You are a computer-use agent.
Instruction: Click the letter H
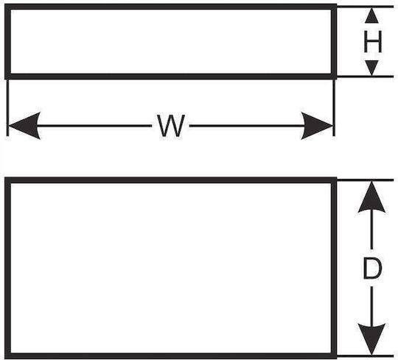tap(373, 42)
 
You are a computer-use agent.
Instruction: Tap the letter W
tap(170, 126)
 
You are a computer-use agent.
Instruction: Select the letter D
tap(372, 268)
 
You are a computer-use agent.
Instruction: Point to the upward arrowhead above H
tap(372, 15)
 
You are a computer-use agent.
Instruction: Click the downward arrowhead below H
tap(372, 68)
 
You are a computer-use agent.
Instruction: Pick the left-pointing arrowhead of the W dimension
tap(24, 126)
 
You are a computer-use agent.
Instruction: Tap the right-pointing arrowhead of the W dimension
tap(316, 126)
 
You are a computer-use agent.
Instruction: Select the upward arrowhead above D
tap(372, 197)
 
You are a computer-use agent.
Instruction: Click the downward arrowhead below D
tap(372, 339)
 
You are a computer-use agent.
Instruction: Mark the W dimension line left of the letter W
tap(94, 126)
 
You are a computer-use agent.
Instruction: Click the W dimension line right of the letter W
tap(247, 126)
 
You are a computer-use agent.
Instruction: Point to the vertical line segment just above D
tap(372, 229)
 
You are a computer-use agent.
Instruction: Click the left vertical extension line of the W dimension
tap(8, 107)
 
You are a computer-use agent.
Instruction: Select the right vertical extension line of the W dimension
tap(334, 107)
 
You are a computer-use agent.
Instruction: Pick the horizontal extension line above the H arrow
tap(365, 7)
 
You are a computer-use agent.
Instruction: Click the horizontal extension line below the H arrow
tap(365, 77)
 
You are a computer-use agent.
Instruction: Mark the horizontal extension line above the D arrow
tap(365, 180)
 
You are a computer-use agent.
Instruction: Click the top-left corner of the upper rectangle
tap(5, 4)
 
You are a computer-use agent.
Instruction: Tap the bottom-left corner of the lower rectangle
tap(5, 358)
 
